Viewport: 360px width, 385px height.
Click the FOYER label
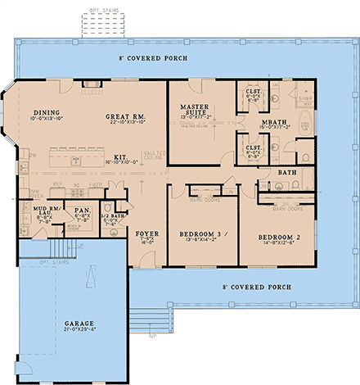[x=147, y=233]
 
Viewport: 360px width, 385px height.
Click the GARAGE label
[x=79, y=324]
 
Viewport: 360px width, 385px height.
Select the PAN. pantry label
[x=82, y=211]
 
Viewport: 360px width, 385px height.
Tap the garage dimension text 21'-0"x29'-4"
[x=79, y=331]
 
